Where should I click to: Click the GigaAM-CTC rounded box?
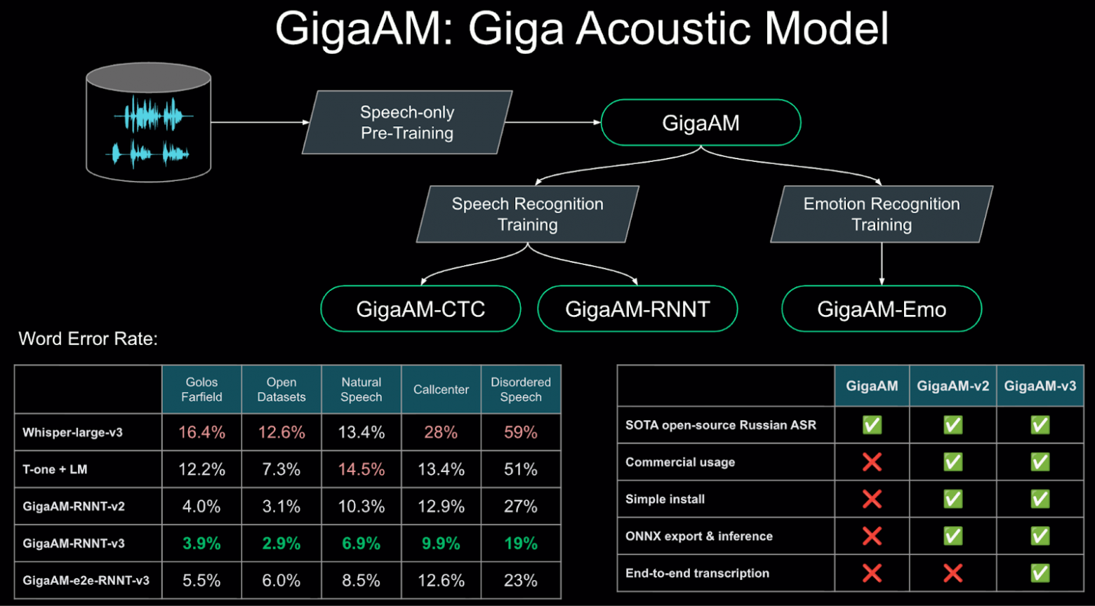point(420,309)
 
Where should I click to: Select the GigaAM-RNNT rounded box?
point(637,309)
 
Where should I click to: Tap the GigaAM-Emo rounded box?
point(882,309)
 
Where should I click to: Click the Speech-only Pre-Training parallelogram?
point(407,123)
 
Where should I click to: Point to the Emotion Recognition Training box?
point(882,214)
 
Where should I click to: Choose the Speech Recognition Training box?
point(528,214)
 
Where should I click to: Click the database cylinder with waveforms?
point(148,123)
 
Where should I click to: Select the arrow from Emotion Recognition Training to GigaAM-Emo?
point(882,263)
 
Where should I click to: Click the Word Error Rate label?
point(88,339)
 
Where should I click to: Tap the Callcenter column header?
point(441,389)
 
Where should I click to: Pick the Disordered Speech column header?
point(521,389)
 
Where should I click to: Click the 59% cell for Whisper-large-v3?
point(521,433)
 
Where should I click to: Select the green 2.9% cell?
point(281,544)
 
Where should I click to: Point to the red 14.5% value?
point(361,469)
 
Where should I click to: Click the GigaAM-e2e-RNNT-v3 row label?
point(86,581)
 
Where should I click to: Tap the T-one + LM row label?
point(55,469)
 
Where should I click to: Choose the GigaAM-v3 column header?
point(1040,386)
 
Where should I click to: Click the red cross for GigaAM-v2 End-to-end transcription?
point(953,573)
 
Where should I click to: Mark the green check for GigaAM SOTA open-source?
point(872,425)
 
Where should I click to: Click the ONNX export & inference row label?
point(699,536)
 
